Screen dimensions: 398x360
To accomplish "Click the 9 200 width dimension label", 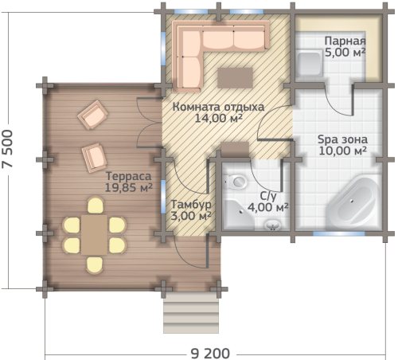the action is (210, 354).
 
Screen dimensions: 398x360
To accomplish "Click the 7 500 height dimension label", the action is (7, 149).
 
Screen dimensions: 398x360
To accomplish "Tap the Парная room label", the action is (345, 41).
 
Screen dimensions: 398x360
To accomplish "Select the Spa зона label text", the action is (342, 139).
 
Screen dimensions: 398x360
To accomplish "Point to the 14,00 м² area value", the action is (219, 118).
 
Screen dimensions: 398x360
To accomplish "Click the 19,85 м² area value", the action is (128, 187).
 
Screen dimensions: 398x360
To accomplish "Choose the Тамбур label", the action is (191, 205).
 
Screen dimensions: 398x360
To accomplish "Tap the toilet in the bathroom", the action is (236, 182).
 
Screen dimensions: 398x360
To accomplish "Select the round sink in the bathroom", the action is (273, 225).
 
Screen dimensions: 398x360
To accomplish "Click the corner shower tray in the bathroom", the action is (238, 214).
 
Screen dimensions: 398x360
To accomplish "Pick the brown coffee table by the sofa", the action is (235, 77).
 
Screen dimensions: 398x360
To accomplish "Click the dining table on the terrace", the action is (94, 235).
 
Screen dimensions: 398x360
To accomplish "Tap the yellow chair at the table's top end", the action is (96, 205).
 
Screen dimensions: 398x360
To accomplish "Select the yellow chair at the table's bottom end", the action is (94, 265).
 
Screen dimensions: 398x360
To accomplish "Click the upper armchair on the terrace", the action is (92, 115).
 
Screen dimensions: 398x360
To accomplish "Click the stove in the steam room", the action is (310, 65).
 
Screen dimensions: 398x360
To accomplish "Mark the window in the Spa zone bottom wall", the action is (339, 233).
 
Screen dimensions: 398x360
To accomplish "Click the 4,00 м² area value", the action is (268, 207).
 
